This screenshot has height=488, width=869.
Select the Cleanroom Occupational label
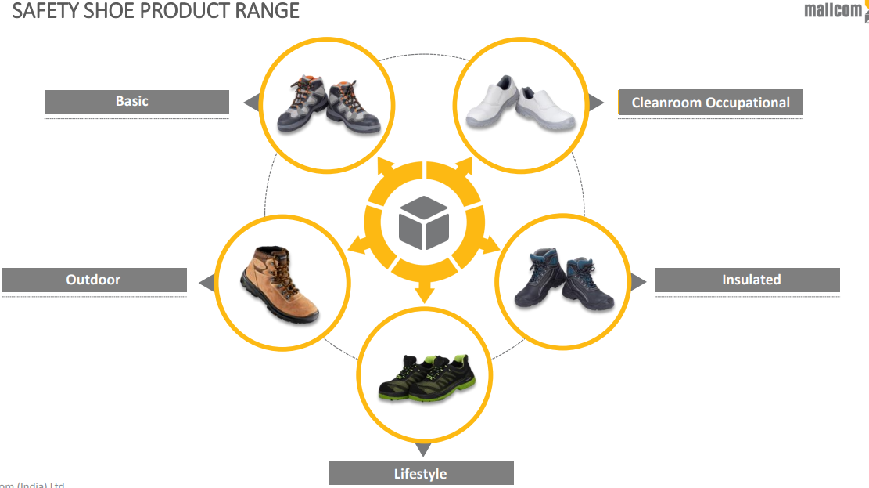710,103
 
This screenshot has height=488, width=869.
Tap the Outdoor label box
94,280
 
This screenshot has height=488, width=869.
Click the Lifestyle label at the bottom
421,473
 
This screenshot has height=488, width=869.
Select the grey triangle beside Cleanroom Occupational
596,103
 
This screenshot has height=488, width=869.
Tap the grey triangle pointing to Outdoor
207,283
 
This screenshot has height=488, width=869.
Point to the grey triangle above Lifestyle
422,450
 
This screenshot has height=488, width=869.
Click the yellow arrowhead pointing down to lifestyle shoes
424,294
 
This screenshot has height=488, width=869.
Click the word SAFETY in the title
46,11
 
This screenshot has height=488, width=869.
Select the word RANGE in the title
267,11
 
